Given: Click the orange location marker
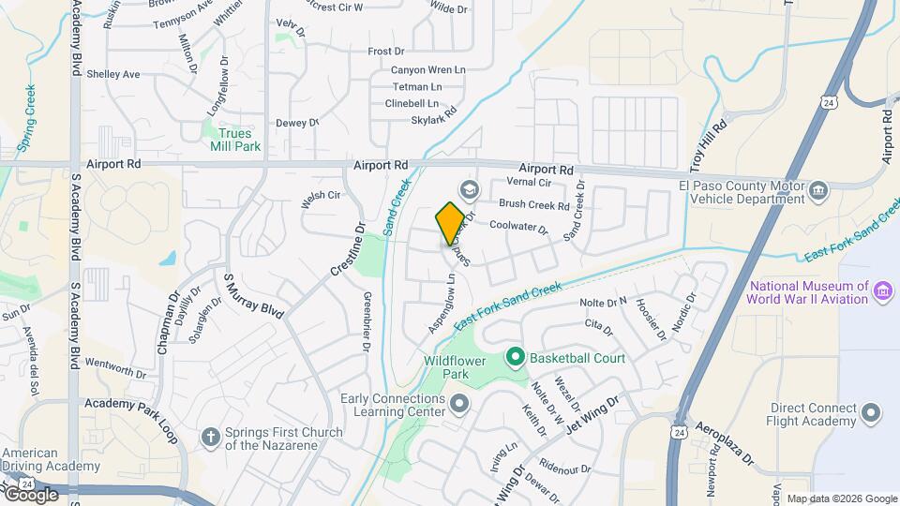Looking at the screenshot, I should click(x=449, y=224).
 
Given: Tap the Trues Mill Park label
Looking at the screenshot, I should click(x=233, y=140).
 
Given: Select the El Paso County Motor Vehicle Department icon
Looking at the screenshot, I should click(x=818, y=191).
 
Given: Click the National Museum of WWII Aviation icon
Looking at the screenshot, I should click(x=882, y=291).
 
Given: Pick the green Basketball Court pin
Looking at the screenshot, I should click(x=514, y=357).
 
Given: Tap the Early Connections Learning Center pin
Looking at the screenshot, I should click(x=458, y=405).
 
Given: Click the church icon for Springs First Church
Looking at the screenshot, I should click(x=212, y=437).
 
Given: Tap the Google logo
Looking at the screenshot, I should click(x=30, y=494).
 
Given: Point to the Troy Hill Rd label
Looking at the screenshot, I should click(x=708, y=145).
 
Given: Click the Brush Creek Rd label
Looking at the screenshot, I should click(x=534, y=205).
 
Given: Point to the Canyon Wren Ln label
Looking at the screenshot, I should click(x=427, y=69).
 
